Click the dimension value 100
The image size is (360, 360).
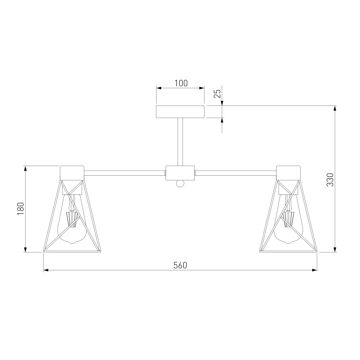coord(181,83)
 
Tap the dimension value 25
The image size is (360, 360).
coord(217,93)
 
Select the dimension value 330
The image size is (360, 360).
coord(330,180)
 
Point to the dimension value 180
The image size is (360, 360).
coord(21,208)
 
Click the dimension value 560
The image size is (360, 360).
coord(180,265)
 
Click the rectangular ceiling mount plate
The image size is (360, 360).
coord(180,112)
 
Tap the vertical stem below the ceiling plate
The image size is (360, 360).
coord(180,141)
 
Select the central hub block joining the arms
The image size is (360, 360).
coord(180,173)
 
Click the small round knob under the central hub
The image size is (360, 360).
coord(180,184)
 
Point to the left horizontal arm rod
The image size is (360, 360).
coord(125,173)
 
